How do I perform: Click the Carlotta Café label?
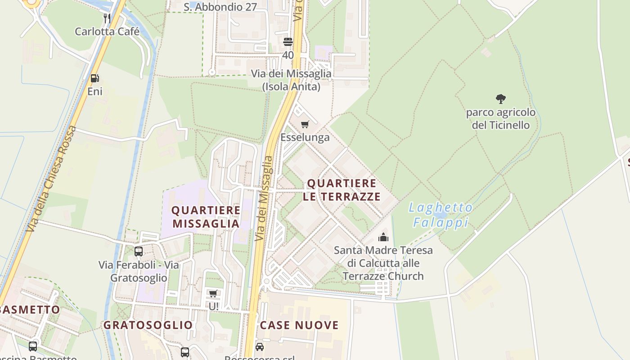click(x=107, y=32)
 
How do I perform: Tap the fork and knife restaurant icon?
click(x=107, y=18)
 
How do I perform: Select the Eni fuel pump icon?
click(x=94, y=78)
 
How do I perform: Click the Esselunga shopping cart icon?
click(x=305, y=124)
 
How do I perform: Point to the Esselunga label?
click(x=305, y=137)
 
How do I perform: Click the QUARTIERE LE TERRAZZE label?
click(x=342, y=190)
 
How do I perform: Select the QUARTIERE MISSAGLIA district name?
click(x=206, y=217)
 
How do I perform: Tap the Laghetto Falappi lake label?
click(x=441, y=215)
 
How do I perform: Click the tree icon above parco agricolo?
click(x=500, y=99)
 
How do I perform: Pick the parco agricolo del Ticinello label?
click(x=501, y=118)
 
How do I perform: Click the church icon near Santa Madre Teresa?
click(x=383, y=237)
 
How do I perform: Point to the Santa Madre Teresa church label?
click(x=383, y=263)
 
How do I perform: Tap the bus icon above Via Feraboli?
click(x=139, y=252)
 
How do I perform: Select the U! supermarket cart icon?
click(x=213, y=293)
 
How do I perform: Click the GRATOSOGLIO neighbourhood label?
click(x=148, y=325)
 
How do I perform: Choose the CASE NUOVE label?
click(x=299, y=325)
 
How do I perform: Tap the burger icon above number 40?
click(x=288, y=42)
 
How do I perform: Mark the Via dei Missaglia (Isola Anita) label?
click(x=291, y=80)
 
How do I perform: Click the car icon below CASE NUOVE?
click(x=260, y=347)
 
